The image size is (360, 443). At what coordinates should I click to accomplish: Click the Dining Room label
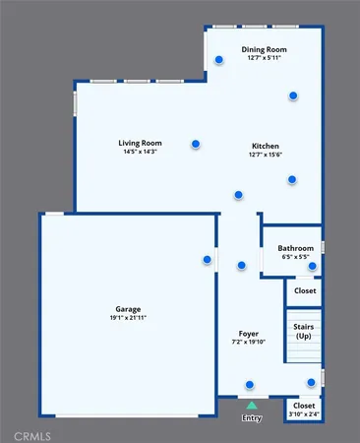pyautogui.click(x=264, y=48)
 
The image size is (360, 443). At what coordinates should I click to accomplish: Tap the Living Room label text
pyautogui.click(x=140, y=143)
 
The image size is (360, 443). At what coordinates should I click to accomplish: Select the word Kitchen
pyautogui.click(x=265, y=145)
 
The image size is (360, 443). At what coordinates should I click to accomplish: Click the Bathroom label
pyautogui.click(x=295, y=248)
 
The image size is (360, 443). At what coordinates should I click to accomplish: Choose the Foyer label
pyautogui.click(x=249, y=334)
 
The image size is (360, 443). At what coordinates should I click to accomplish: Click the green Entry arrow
pyautogui.click(x=252, y=405)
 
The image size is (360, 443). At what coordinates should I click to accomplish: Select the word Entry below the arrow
pyautogui.click(x=252, y=417)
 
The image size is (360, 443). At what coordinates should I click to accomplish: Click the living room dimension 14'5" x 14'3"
pyautogui.click(x=140, y=153)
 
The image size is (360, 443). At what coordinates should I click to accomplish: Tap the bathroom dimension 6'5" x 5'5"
pyautogui.click(x=295, y=257)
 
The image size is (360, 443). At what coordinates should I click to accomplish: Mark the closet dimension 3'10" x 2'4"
pyautogui.click(x=304, y=414)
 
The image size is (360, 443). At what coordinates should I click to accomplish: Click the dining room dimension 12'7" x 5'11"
pyautogui.click(x=264, y=57)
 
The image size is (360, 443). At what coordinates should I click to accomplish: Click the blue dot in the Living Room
pyautogui.click(x=196, y=144)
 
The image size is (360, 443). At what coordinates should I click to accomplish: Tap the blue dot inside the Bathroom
pyautogui.click(x=312, y=266)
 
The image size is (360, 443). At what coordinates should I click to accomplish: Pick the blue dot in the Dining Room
pyautogui.click(x=292, y=95)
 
